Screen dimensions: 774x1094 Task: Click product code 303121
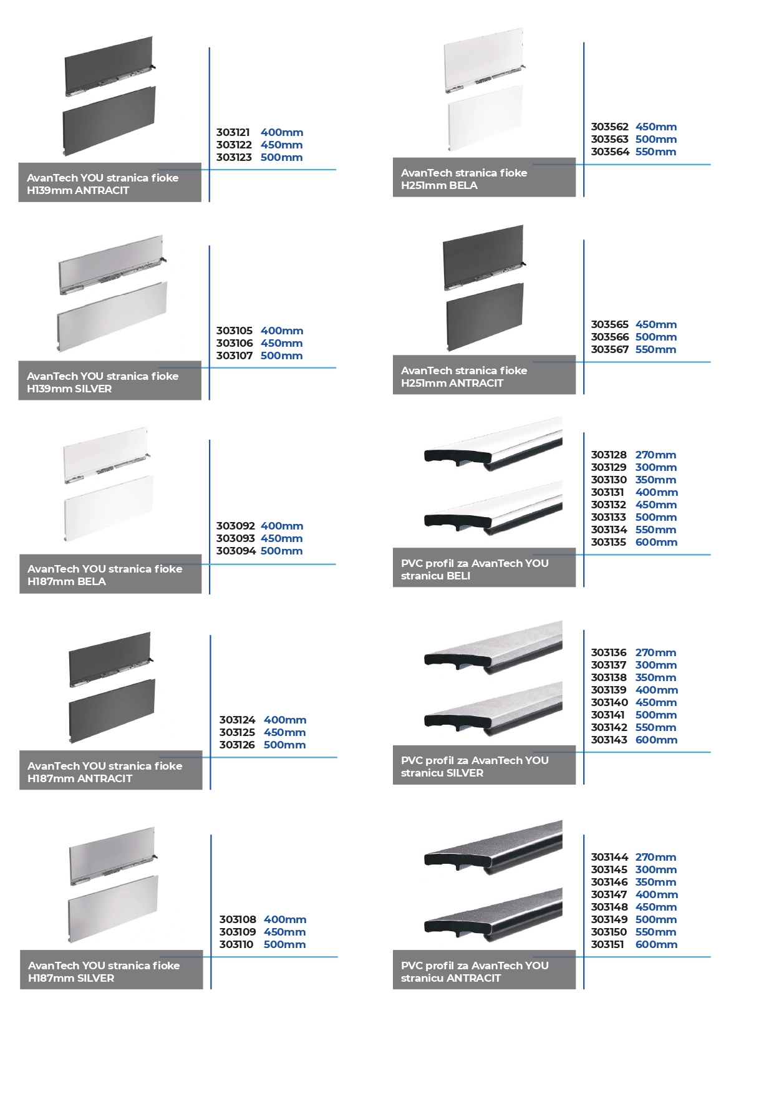click(233, 132)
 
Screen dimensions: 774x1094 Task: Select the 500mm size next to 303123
click(282, 157)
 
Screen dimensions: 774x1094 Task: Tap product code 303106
click(235, 343)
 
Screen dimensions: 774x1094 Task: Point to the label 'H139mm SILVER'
click(69, 389)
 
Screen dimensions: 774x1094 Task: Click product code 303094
click(236, 551)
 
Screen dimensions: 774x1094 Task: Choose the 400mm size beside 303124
click(285, 720)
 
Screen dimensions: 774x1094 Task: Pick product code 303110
click(236, 944)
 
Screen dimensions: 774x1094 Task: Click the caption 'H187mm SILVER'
click(71, 978)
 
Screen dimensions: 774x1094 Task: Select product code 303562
click(610, 127)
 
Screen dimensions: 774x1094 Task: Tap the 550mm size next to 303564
click(656, 152)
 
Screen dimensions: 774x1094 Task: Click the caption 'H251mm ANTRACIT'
click(452, 383)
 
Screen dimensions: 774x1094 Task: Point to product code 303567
click(610, 349)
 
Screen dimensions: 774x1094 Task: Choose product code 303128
click(609, 455)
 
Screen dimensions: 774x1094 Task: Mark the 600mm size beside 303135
click(657, 542)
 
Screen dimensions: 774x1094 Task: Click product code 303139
click(609, 690)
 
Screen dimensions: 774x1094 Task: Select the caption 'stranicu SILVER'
click(442, 773)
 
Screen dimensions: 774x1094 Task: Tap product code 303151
click(607, 944)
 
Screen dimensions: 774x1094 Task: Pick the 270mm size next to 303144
click(656, 857)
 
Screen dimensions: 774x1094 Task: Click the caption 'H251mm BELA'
click(439, 185)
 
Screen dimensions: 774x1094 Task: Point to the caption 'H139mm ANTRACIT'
click(78, 190)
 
